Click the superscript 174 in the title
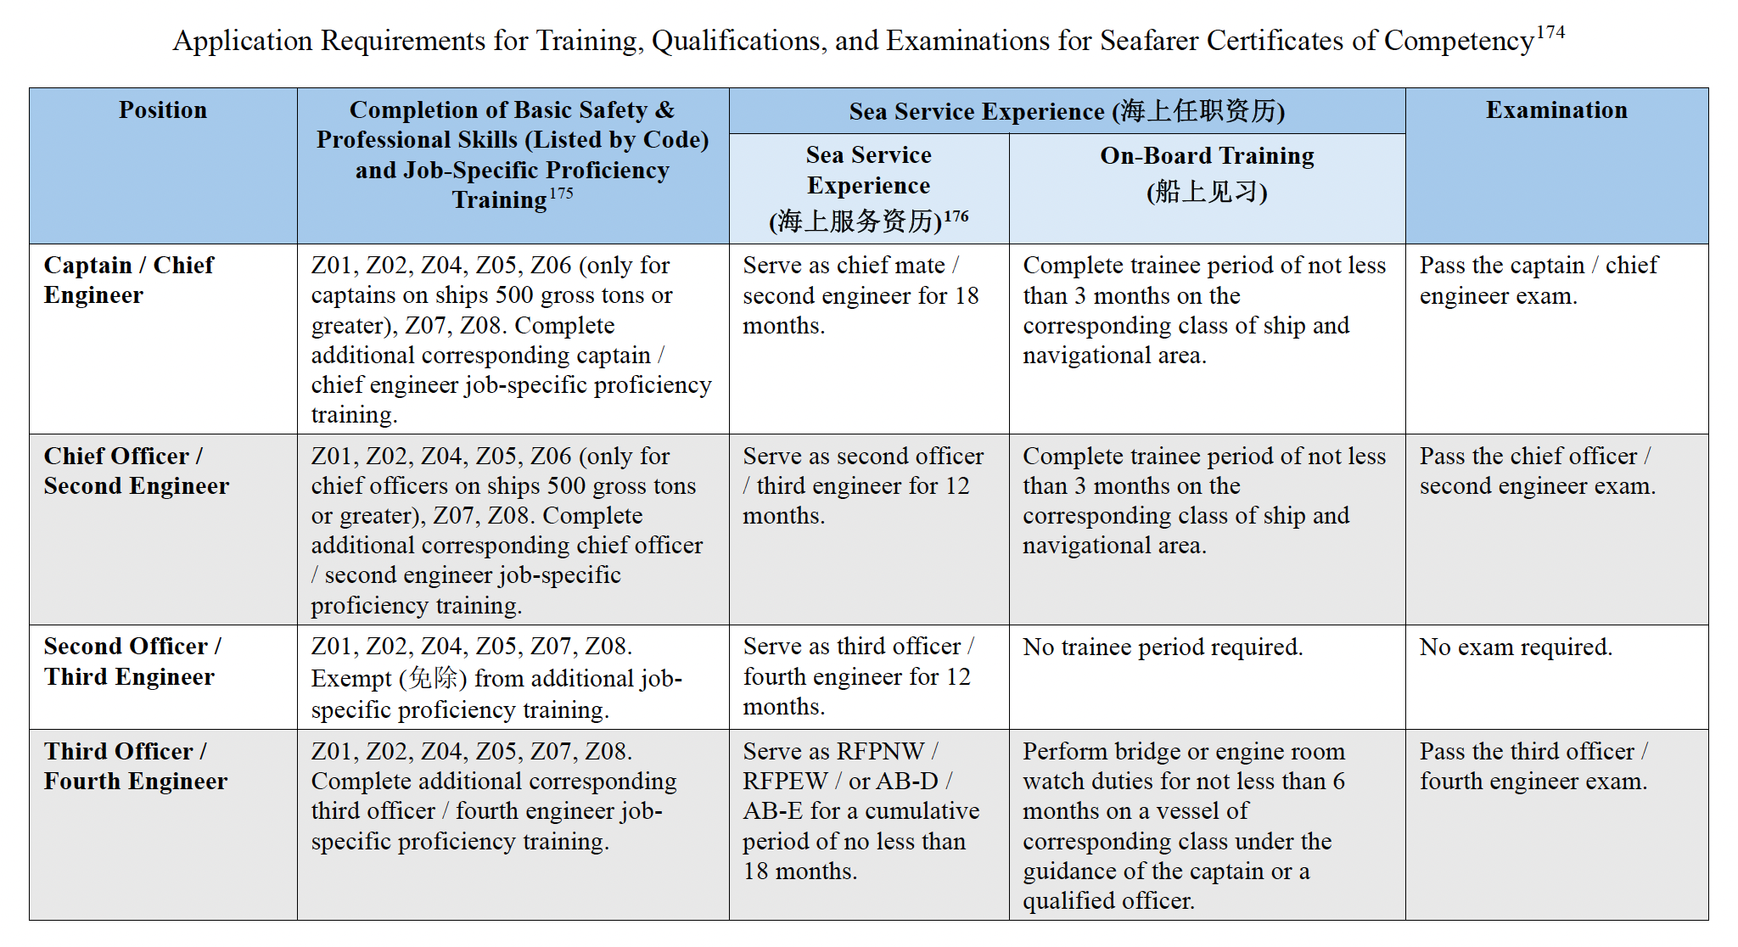[1550, 32]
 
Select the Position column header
[162, 110]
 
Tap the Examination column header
[1556, 110]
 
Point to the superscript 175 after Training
[561, 193]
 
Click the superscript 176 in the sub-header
[956, 216]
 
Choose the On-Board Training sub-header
[1206, 156]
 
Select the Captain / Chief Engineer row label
[128, 280]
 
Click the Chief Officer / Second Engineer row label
[136, 471]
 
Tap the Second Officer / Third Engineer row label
[132, 661]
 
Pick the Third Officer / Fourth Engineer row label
[135, 766]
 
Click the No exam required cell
[1515, 647]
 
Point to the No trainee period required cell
[1162, 647]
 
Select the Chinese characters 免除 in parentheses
[433, 679]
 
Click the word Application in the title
[243, 41]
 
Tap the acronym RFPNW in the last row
[880, 752]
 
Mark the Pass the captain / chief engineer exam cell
[1538, 280]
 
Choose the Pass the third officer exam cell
[1533, 766]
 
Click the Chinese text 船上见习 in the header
[1206, 192]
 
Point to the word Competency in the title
[1458, 41]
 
